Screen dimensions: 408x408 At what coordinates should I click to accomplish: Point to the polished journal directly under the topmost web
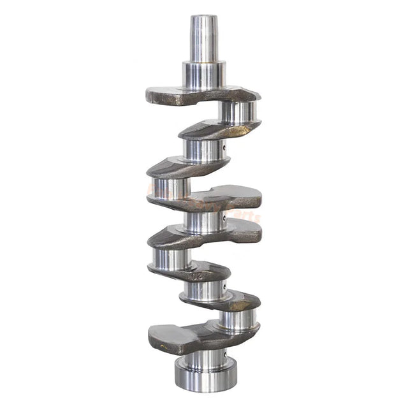238,112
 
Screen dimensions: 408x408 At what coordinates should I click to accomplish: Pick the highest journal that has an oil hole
204,150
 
